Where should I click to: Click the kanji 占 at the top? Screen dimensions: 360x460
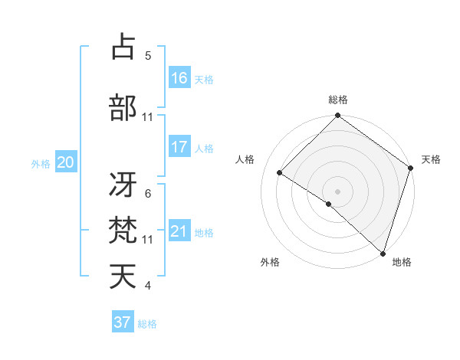point(123,47)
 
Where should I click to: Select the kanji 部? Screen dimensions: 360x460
point(123,108)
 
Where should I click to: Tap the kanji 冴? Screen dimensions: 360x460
point(123,185)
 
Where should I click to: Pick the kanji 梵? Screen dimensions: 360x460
point(123,231)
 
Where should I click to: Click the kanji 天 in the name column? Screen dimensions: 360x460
point(123,277)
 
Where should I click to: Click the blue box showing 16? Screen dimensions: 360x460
point(179,78)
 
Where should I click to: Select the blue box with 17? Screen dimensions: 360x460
point(179,147)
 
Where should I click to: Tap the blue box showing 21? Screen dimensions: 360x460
point(179,231)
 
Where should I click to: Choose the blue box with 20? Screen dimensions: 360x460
point(65,162)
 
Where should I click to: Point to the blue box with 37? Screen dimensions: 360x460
point(123,322)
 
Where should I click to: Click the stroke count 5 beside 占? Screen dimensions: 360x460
point(148,56)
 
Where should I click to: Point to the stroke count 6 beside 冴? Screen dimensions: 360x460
point(148,194)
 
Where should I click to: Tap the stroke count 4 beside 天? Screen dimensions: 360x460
point(148,286)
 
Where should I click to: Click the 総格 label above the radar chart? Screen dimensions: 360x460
point(338,100)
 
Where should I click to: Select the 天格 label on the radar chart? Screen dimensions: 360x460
point(431,159)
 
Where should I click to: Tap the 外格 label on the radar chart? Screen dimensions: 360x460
point(270,262)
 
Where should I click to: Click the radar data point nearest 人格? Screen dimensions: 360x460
point(280,173)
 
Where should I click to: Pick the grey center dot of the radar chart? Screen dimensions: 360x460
point(337,191)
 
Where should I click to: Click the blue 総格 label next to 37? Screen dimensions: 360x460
point(148,324)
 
